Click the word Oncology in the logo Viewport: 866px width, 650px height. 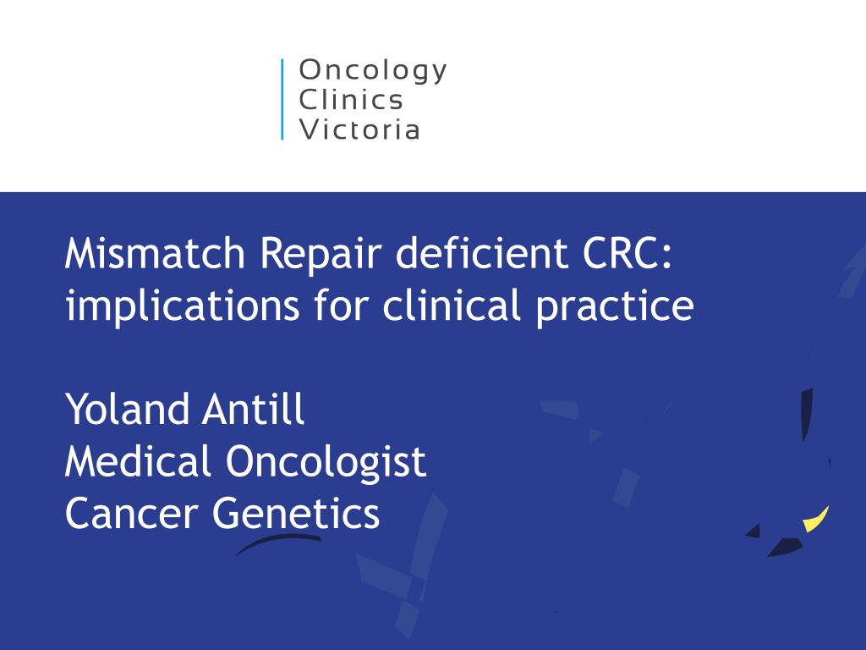tap(373, 71)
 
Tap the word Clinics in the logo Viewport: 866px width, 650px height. tap(352, 100)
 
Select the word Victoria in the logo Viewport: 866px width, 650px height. tap(360, 129)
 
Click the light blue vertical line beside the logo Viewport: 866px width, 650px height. tap(282, 99)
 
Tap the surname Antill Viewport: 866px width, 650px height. tap(253, 410)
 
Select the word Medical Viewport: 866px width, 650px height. tap(138, 461)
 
